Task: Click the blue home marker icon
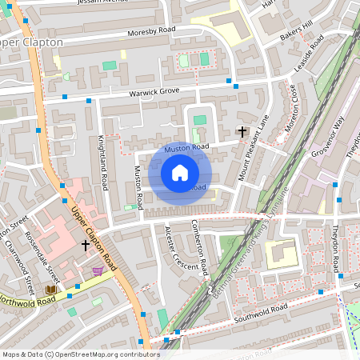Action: click(x=180, y=173)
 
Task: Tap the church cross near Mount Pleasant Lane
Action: click(x=242, y=130)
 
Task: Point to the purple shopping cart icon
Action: click(x=98, y=271)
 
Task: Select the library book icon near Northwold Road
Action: click(x=51, y=289)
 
